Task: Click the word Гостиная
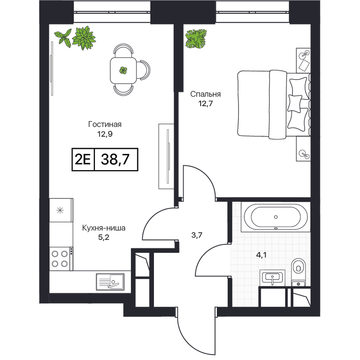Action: pyautogui.click(x=105, y=125)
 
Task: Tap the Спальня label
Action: pyautogui.click(x=206, y=94)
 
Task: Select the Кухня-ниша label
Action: pyautogui.click(x=104, y=228)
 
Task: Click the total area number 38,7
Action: pyautogui.click(x=115, y=159)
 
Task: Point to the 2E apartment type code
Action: pyautogui.click(x=83, y=159)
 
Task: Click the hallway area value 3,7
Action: pyautogui.click(x=197, y=235)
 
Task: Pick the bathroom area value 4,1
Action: pyautogui.click(x=261, y=255)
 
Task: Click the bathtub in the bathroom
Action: pyautogui.click(x=276, y=217)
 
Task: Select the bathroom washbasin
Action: pyautogui.click(x=273, y=278)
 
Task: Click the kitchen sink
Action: pyautogui.click(x=110, y=282)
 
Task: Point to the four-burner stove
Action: pyautogui.click(x=60, y=259)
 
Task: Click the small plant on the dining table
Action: pyautogui.click(x=123, y=70)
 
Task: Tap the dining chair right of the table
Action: pyautogui.click(x=144, y=70)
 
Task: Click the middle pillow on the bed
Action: pyautogui.click(x=295, y=104)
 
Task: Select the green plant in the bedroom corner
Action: pyautogui.click(x=196, y=39)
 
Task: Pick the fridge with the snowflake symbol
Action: pyautogui.click(x=61, y=210)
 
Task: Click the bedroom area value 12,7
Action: pyautogui.click(x=206, y=104)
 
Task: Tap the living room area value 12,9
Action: pyautogui.click(x=105, y=134)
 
